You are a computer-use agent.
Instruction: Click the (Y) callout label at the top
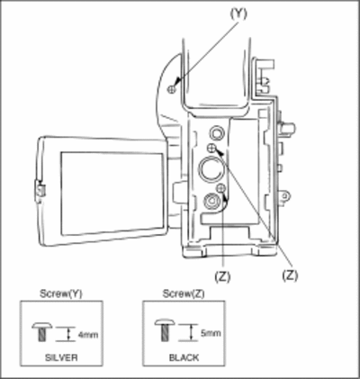click(x=238, y=14)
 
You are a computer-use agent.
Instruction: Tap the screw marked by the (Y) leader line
click(x=172, y=89)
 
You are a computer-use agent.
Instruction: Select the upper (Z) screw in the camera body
click(x=211, y=148)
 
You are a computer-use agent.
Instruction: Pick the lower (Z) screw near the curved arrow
click(x=220, y=188)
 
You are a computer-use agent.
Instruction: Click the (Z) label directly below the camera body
click(x=222, y=276)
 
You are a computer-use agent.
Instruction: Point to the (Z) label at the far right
click(x=290, y=275)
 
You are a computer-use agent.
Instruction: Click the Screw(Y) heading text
click(x=61, y=293)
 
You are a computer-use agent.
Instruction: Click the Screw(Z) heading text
click(x=184, y=293)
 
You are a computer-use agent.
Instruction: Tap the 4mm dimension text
click(x=88, y=334)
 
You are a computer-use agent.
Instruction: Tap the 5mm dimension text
click(x=211, y=333)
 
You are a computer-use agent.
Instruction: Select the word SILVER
click(x=61, y=357)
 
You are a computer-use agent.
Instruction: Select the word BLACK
click(x=184, y=357)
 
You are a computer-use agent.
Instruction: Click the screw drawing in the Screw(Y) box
click(x=42, y=332)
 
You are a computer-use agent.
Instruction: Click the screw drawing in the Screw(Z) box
click(x=165, y=330)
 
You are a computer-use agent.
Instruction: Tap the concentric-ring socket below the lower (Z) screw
click(x=212, y=202)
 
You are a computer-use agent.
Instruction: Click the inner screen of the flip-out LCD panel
click(x=112, y=194)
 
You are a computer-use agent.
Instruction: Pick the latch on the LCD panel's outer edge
click(x=40, y=191)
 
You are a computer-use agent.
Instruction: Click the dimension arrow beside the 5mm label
click(x=191, y=332)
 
